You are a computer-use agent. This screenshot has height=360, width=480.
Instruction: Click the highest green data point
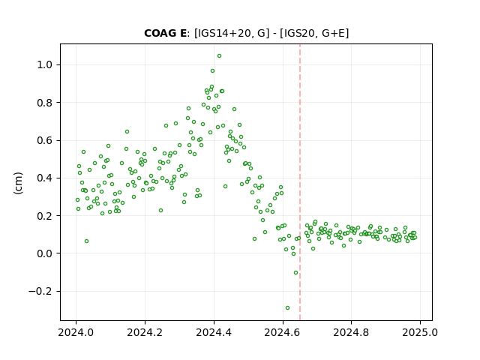[x=219, y=56]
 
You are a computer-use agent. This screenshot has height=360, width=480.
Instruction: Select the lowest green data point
[x=287, y=308]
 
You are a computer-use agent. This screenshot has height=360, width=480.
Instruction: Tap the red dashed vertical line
[x=300, y=182]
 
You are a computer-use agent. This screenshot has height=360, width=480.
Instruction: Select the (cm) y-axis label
[x=18, y=183]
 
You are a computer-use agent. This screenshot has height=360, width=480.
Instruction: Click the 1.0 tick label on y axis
[x=45, y=65]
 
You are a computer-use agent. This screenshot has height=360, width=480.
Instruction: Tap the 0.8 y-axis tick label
[x=45, y=103]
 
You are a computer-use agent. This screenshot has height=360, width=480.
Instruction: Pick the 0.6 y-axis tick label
[x=45, y=140]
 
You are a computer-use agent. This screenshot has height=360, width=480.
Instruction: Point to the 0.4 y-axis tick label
[x=45, y=178]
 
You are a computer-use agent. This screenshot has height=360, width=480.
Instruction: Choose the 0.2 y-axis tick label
[x=45, y=216]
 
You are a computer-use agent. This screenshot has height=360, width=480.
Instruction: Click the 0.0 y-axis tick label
[x=45, y=253]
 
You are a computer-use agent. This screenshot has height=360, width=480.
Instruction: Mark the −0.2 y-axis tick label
[x=40, y=291]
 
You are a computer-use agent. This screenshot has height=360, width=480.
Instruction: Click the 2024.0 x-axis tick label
[x=76, y=332]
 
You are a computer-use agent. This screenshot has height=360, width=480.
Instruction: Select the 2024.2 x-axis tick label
[x=145, y=332]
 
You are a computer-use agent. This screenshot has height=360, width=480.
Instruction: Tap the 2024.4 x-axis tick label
[x=214, y=332]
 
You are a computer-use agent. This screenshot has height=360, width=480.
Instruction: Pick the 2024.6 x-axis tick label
[x=283, y=332]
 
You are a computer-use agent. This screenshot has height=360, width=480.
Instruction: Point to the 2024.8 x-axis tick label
[x=351, y=332]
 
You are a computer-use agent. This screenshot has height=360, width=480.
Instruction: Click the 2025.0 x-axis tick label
[x=420, y=332]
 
